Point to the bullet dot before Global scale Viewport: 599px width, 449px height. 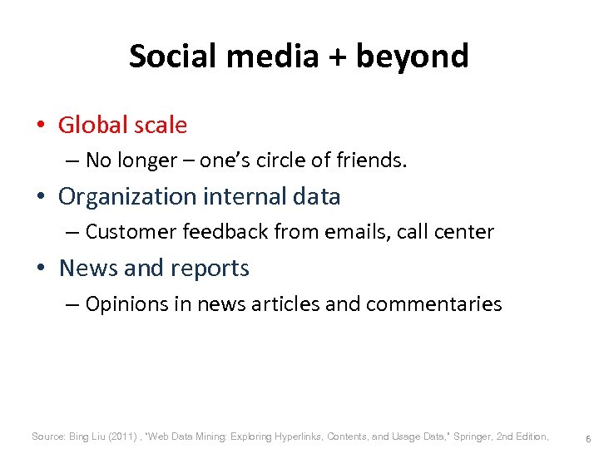[40, 126]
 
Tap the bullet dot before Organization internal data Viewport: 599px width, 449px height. [40, 197]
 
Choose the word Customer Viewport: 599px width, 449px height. [126, 232]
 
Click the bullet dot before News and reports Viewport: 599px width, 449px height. [40, 269]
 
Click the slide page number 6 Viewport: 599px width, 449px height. [588, 437]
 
